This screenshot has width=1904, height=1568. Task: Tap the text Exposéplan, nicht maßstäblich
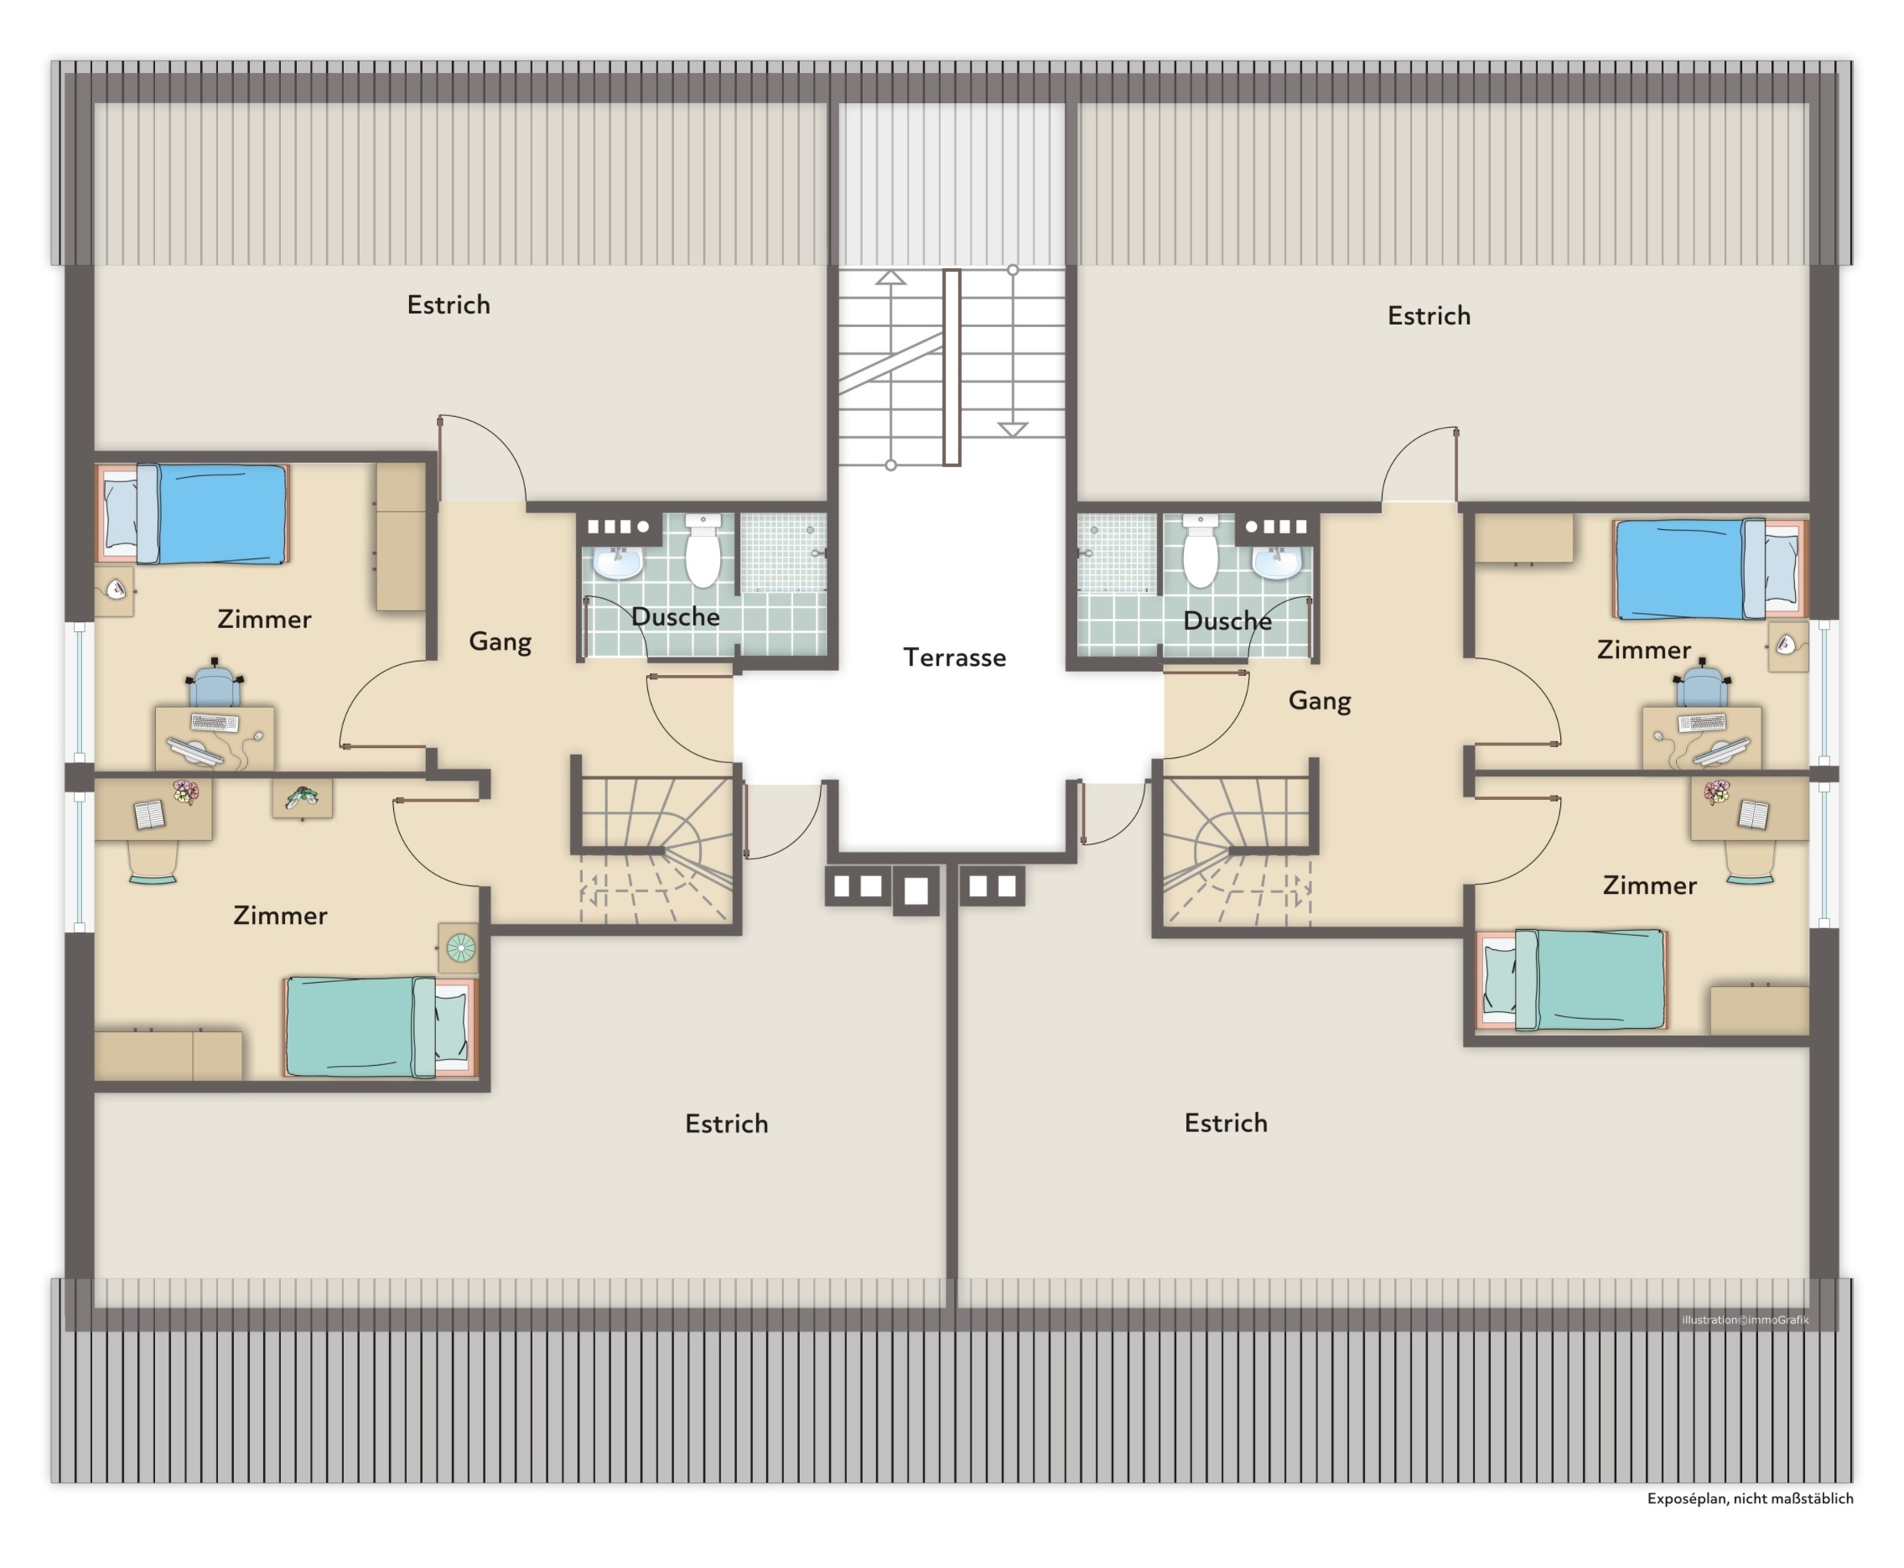1750,1498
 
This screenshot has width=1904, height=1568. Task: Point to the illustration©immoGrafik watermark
1745,1320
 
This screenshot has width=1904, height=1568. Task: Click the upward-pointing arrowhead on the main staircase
891,277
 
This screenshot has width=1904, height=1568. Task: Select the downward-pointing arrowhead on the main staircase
1013,429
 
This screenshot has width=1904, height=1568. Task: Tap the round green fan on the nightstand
460,948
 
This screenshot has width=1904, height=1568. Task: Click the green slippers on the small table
302,796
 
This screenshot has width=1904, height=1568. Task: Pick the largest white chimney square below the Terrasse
916,891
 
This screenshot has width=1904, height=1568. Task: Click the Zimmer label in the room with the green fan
280,916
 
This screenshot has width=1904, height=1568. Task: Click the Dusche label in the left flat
676,617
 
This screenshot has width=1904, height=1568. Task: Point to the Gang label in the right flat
1320,701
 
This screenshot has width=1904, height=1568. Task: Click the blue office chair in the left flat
215,683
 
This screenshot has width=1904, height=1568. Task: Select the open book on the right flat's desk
1754,814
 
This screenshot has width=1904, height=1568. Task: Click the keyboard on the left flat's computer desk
215,723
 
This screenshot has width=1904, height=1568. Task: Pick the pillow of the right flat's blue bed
1781,569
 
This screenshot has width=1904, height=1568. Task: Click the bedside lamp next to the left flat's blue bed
116,590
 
